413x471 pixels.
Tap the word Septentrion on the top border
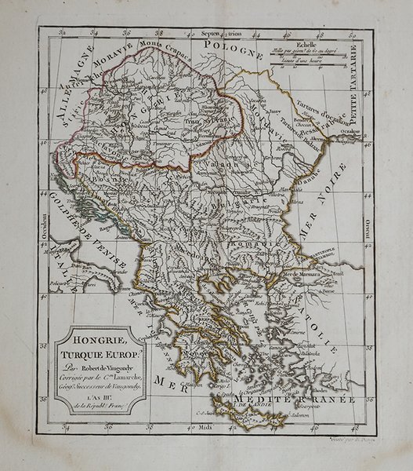221,34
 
